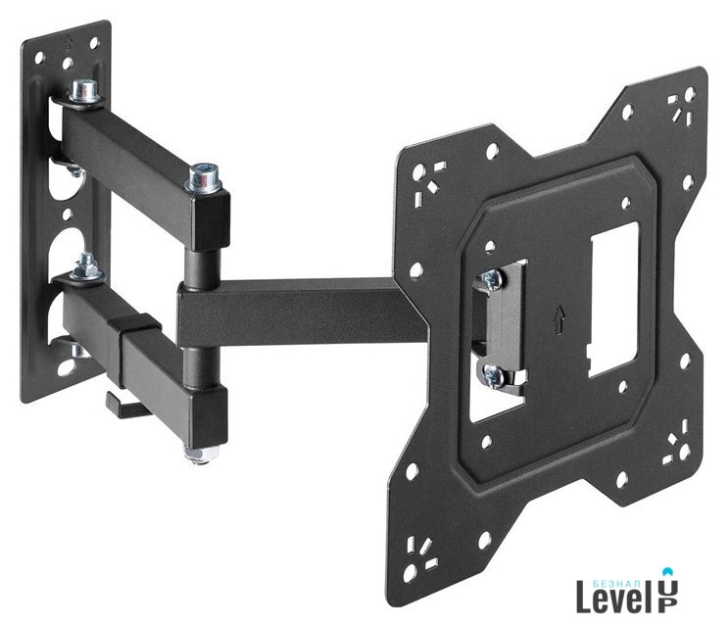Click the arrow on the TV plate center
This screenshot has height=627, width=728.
(x=560, y=318)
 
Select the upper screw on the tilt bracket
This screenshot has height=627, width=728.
(x=491, y=279)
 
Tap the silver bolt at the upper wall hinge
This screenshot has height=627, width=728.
(x=85, y=93)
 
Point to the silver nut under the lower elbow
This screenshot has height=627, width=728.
(x=201, y=454)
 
